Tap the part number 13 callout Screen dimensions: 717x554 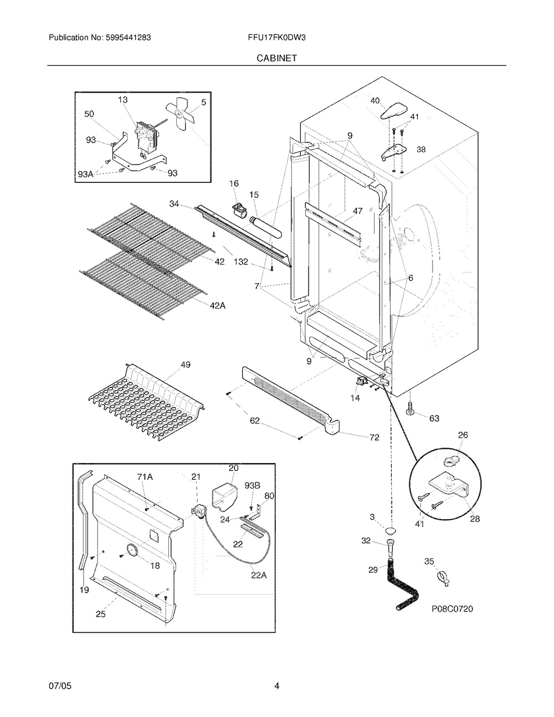pyautogui.click(x=122, y=100)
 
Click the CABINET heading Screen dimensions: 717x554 pyautogui.click(x=276, y=57)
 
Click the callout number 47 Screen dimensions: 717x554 pyautogui.click(x=357, y=211)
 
